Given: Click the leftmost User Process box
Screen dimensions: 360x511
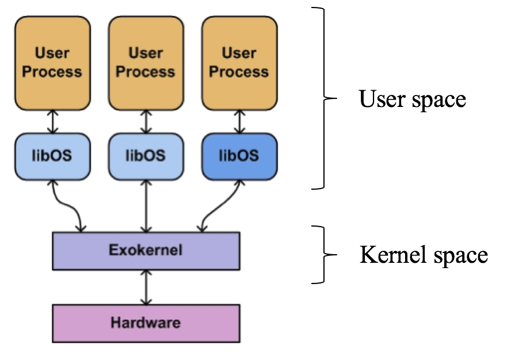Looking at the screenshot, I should pos(52,63).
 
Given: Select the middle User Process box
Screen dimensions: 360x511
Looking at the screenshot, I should pos(146,63).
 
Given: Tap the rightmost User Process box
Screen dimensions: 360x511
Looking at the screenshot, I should pos(239,63).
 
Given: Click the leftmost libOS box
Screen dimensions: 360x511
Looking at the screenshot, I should pos(52,155).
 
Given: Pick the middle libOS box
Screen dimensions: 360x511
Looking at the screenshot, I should pos(146,155).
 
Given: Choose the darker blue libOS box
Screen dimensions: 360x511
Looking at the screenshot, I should pos(239,155).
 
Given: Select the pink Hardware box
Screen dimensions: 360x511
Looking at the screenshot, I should pos(146,323).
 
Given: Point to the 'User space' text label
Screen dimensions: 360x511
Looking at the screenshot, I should pos(412,99).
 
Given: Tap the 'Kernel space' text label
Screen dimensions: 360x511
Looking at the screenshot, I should pos(424,254).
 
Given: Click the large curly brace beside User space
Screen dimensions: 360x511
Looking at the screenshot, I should pos(327,98).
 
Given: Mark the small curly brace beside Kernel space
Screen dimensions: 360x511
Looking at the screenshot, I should pos(325,254).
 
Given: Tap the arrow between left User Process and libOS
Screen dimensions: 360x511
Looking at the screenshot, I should pos(52,121).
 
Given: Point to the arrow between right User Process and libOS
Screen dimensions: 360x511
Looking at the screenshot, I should pos(239,121).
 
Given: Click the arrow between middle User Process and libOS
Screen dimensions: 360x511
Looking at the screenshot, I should pos(146,121).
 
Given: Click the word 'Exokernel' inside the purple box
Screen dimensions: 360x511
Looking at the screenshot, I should pos(146,250).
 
